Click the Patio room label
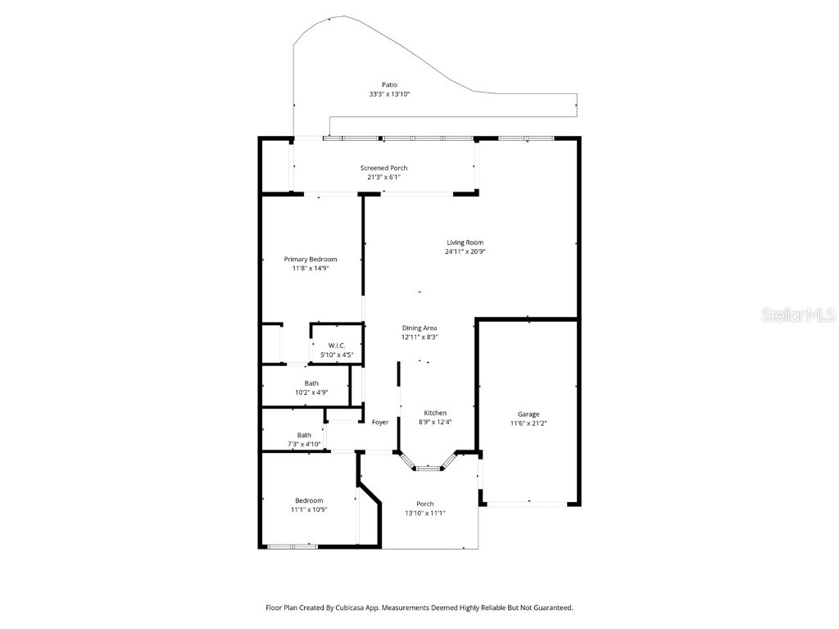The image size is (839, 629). tap(389, 84)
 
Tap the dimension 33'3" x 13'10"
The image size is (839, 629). tap(389, 94)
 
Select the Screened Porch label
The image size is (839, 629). tap(383, 168)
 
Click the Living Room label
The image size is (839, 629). tap(465, 242)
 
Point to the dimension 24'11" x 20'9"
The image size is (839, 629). tap(465, 252)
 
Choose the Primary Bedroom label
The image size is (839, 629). tap(311, 259)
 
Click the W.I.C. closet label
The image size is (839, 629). tap(336, 346)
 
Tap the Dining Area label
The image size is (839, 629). tap(419, 328)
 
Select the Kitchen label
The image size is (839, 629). tap(435, 412)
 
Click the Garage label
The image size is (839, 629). tap(528, 414)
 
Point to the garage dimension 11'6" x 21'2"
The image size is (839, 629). tap(528, 423)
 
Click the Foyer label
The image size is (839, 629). tap(380, 423)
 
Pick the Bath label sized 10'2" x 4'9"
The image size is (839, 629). tap(311, 382)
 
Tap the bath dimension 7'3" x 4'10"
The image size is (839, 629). tap(303, 445)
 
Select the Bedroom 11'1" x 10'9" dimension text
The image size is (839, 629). tap(309, 509)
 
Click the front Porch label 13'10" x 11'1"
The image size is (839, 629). tap(424, 504)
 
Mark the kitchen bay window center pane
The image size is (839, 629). tap(428, 468)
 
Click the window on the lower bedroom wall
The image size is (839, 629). tap(293, 545)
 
